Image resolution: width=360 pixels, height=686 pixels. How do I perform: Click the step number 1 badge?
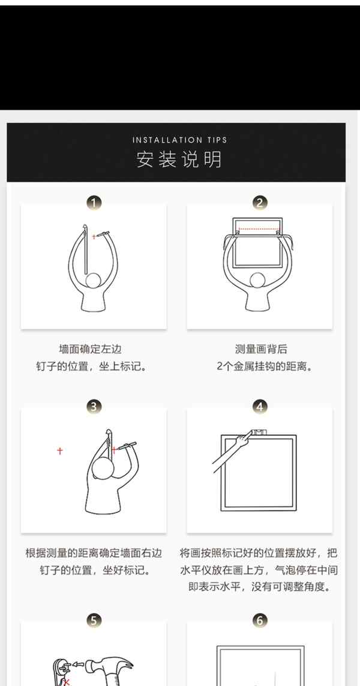tap(94, 203)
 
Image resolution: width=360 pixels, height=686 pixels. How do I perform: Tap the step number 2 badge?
tap(260, 203)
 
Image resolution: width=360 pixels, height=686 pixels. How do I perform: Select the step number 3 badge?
tap(94, 407)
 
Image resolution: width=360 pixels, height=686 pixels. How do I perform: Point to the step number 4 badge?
tap(260, 407)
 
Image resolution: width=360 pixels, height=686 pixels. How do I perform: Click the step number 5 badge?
tap(94, 620)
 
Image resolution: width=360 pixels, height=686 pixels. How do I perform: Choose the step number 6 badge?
tap(260, 620)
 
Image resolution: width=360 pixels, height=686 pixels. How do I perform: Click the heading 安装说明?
tap(179, 160)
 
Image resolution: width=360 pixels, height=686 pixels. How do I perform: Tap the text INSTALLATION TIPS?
tap(179, 140)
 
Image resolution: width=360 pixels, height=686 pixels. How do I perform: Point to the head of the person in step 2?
tap(257, 281)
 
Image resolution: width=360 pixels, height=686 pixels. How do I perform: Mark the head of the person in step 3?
tap(103, 468)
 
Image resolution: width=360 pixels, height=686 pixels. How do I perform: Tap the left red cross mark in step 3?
tap(60, 450)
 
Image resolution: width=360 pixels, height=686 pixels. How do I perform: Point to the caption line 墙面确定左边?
tap(90, 349)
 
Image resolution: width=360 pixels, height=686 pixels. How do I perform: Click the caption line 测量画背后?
tap(261, 349)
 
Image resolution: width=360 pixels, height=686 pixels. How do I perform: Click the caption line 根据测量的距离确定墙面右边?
tap(94, 553)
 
